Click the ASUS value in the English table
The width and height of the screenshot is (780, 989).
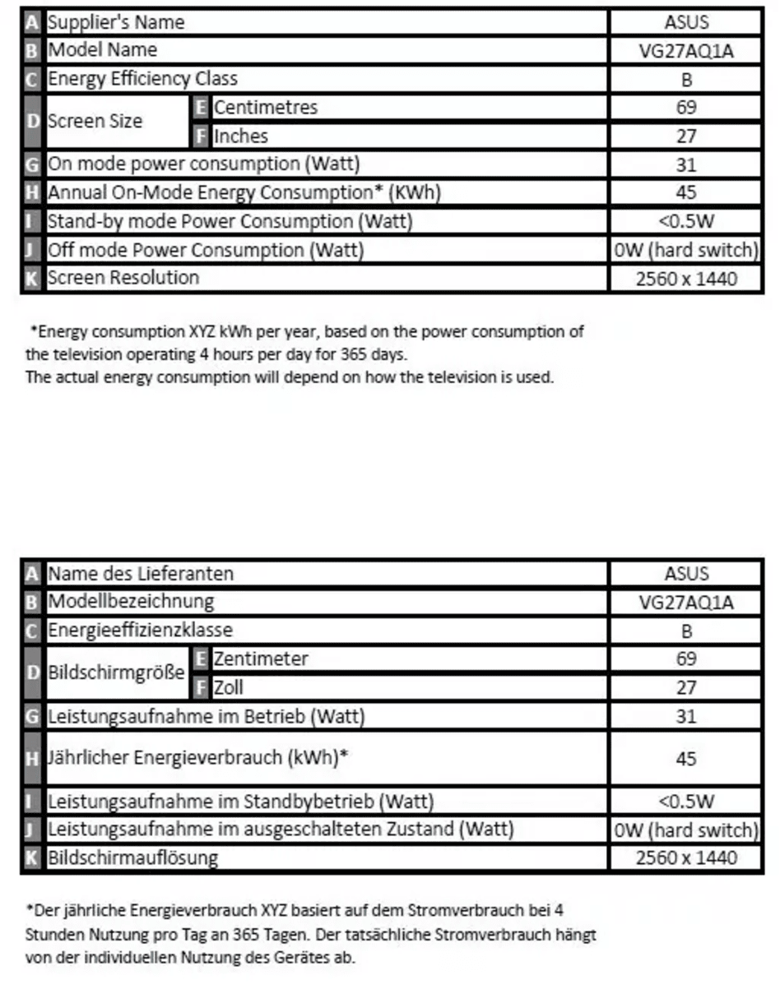coord(685,22)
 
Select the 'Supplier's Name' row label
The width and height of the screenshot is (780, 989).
coord(116,22)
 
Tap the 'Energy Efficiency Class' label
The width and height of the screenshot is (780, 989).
coord(142,79)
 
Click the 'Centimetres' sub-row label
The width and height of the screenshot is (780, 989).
coord(265,107)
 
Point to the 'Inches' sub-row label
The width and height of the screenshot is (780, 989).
coord(240,136)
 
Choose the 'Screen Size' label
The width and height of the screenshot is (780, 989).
coord(95,121)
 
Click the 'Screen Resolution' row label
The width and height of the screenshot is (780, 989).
coord(123,278)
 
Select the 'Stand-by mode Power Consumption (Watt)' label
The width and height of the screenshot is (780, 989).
coord(230,221)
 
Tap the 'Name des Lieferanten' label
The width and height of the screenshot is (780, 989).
coord(141,573)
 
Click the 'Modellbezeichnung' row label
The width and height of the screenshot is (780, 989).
coord(131,601)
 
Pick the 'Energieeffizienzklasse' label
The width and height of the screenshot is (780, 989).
coord(140,631)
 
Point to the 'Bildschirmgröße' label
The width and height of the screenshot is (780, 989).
coord(116,672)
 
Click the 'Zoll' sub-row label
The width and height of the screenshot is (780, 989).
coord(229,687)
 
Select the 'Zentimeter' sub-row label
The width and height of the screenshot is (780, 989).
coord(261,659)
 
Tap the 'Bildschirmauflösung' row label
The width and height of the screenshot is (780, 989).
coord(132,858)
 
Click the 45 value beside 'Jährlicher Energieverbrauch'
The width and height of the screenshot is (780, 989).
coord(685,758)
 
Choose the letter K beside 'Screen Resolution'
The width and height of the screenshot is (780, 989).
coord(32,278)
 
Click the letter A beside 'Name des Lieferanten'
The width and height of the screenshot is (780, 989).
coord(32,573)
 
